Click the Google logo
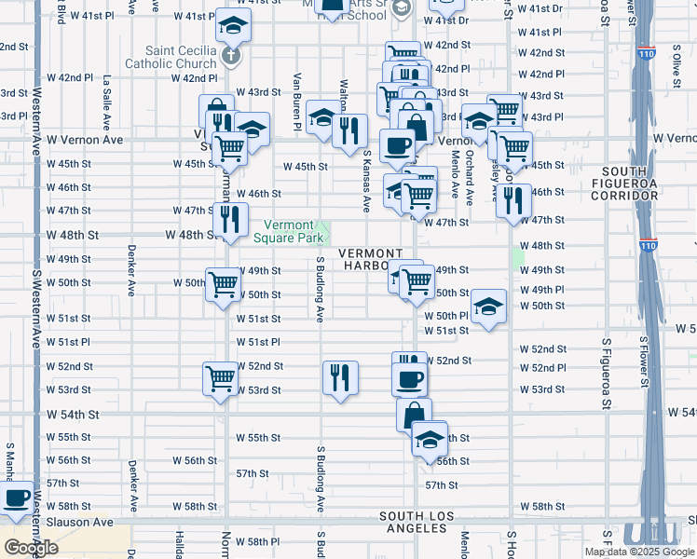pos(31,547)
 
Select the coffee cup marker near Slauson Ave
pos(16,498)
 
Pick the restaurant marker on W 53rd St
pos(338,377)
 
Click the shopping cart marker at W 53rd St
pos(220,379)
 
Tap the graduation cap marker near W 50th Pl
pos(487,307)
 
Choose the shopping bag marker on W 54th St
pos(414,414)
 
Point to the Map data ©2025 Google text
pos(638,552)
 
